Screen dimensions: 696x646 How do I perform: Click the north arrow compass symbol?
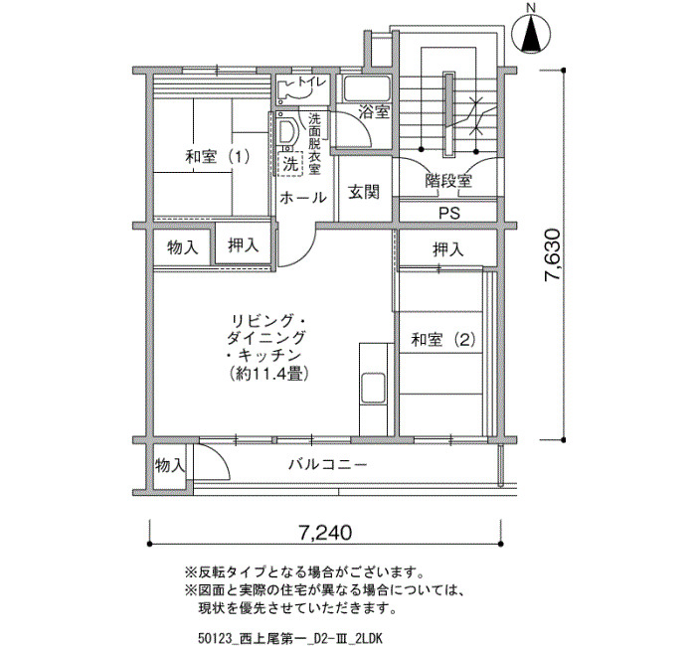click(531, 33)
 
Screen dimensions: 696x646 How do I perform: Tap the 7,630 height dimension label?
click(553, 254)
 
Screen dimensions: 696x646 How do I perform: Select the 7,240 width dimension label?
click(324, 532)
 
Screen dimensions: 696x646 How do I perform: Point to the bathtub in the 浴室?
click(367, 89)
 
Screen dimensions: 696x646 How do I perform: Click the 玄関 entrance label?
click(364, 192)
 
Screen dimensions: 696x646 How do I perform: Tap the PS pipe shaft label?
click(449, 214)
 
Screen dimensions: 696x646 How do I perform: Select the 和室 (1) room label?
click(218, 157)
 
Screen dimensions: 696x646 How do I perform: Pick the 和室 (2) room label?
click(443, 340)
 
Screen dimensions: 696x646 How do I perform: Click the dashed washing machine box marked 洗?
click(290, 165)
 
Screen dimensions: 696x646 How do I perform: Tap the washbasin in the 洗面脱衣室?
click(286, 132)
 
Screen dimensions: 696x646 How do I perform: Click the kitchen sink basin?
click(373, 387)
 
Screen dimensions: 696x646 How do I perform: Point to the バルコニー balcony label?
click(327, 464)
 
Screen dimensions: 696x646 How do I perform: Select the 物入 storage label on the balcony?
click(170, 465)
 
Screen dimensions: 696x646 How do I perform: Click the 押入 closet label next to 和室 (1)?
click(244, 244)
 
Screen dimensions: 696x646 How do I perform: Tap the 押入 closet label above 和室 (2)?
click(448, 249)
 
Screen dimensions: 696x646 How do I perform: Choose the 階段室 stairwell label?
click(448, 181)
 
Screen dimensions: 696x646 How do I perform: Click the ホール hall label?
click(303, 197)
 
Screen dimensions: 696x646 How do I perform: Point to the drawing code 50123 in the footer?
click(215, 638)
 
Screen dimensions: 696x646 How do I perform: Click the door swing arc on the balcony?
click(221, 457)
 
